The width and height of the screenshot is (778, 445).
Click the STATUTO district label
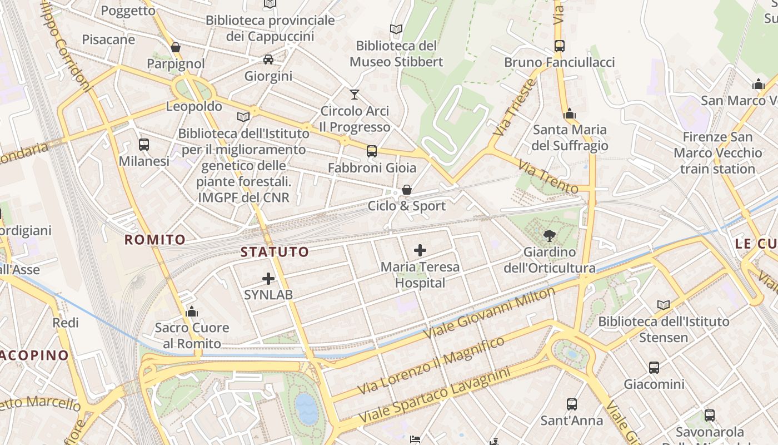275,252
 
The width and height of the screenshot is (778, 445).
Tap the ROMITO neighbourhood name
155,240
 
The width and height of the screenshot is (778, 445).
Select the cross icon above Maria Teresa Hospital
420,250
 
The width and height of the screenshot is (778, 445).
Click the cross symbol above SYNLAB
268,278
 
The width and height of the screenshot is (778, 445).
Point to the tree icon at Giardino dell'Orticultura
549,235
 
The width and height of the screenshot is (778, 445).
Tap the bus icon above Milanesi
144,145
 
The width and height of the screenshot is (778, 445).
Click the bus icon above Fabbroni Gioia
372,151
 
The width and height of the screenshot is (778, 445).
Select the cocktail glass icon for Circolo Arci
355,95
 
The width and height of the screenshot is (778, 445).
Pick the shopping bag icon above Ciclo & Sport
407,190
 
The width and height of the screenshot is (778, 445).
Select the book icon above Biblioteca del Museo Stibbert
396,29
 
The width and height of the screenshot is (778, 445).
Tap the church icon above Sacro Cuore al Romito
192,311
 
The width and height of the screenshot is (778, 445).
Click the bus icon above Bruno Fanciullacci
559,46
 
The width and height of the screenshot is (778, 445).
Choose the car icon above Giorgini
268,59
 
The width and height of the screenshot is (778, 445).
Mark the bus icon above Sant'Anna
572,404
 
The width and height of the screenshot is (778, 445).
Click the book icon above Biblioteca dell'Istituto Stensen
664,305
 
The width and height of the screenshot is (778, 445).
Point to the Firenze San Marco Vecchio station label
718,153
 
